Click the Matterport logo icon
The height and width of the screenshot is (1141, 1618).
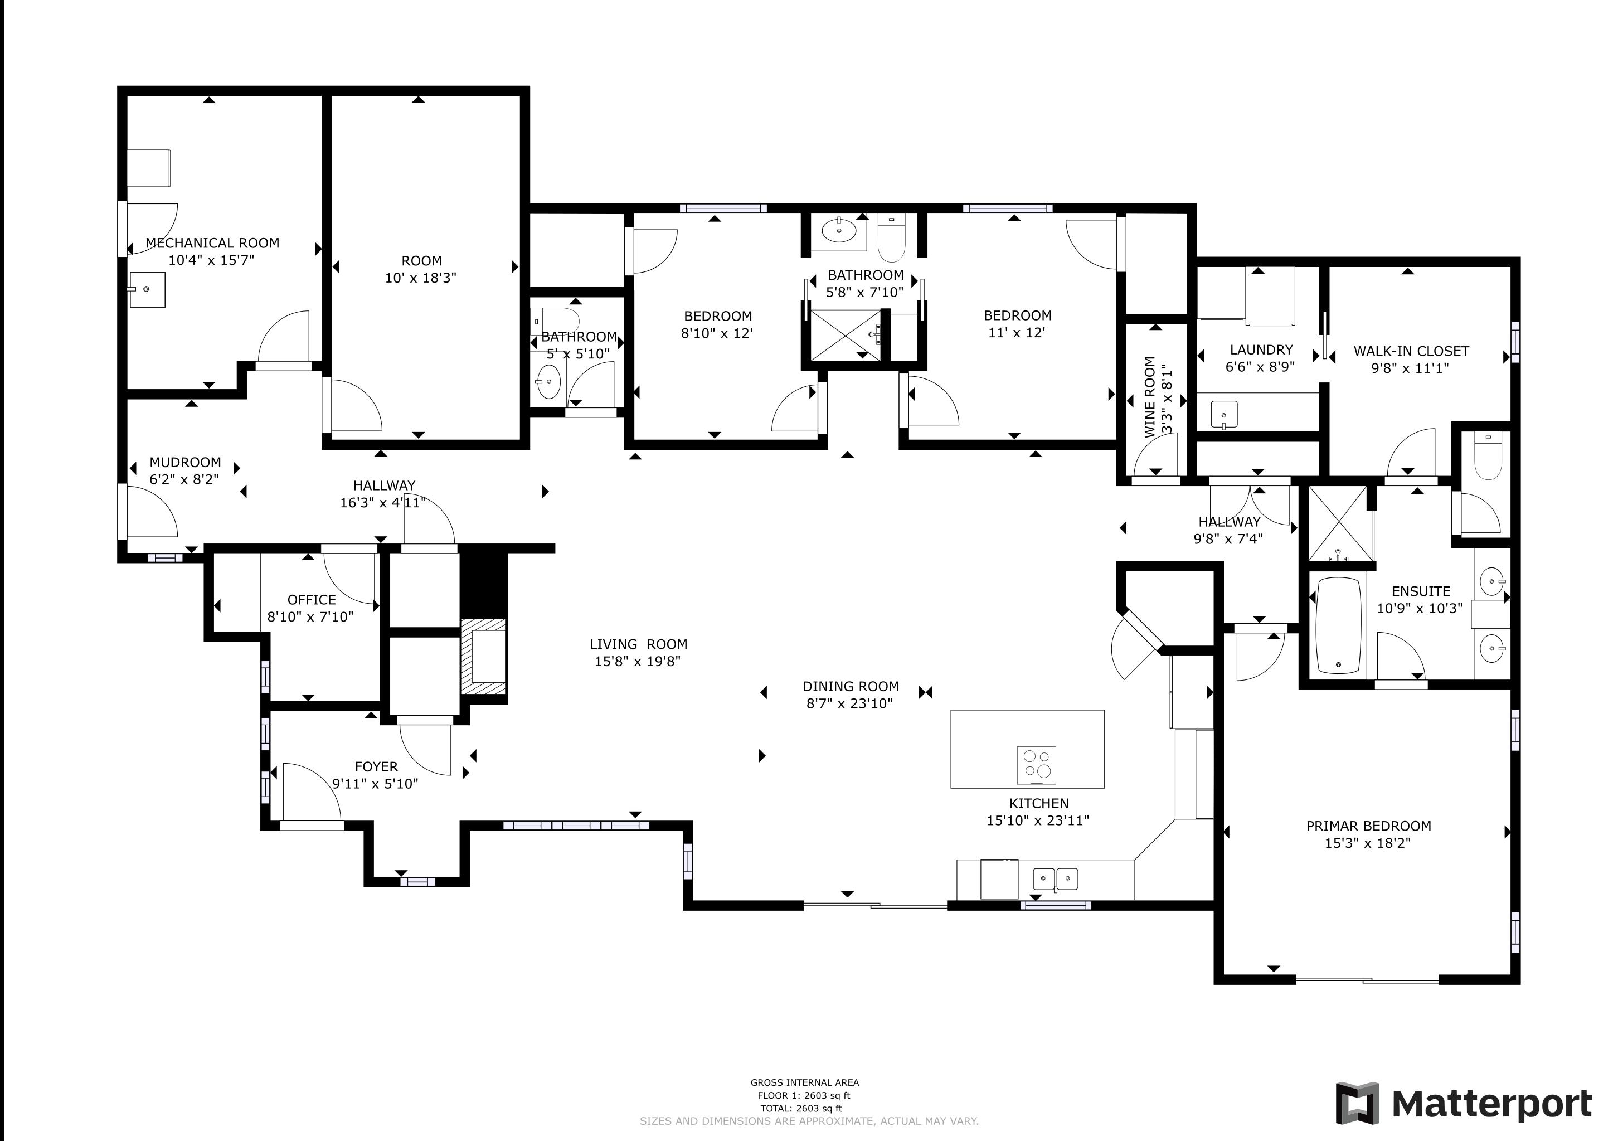[1357, 1103]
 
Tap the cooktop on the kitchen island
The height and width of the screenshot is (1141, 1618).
[1037, 765]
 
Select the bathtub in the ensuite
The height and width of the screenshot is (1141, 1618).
[1338, 625]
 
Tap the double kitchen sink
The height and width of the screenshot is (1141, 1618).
[1055, 879]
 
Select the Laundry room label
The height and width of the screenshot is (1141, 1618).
[1261, 349]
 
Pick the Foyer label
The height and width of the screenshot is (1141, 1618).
[376, 767]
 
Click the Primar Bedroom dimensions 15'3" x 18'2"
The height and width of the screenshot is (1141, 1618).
[1368, 843]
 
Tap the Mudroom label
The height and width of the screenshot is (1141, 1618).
[186, 462]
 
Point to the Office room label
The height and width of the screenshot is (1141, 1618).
[312, 600]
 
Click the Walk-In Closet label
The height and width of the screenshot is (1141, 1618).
[1411, 351]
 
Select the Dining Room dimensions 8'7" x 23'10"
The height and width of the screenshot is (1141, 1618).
[849, 703]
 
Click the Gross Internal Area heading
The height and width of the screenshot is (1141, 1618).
[805, 1082]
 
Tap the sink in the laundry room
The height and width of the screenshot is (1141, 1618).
[1224, 414]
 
